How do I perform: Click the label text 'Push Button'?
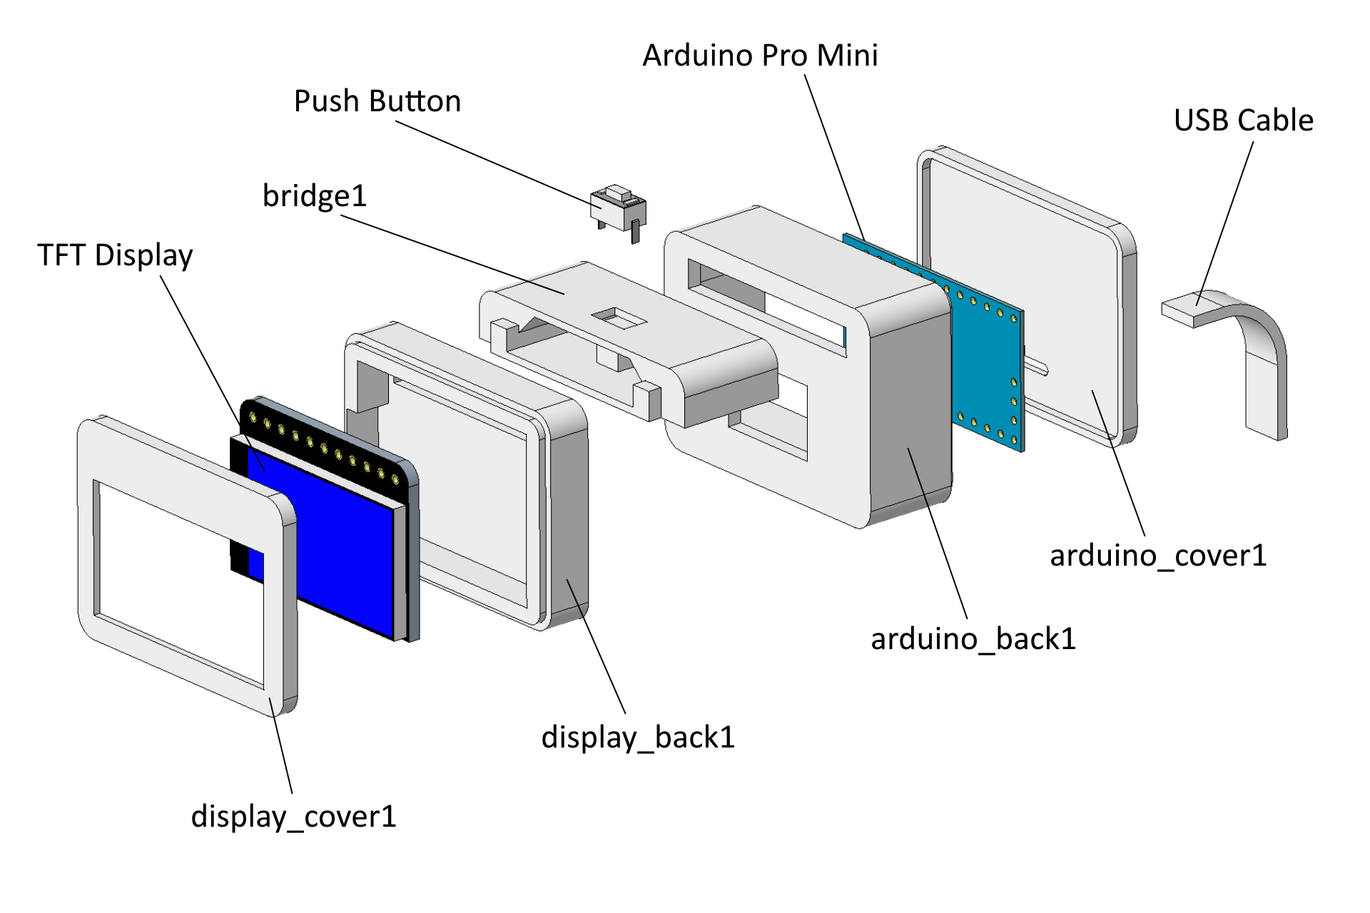click(x=377, y=101)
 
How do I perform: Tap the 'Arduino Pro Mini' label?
click(x=760, y=56)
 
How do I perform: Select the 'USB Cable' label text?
click(x=1243, y=121)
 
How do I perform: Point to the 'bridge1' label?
click(x=314, y=196)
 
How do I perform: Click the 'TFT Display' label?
click(x=115, y=255)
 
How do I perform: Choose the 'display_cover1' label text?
click(x=293, y=817)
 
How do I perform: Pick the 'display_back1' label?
click(x=638, y=738)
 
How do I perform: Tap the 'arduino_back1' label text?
click(x=973, y=639)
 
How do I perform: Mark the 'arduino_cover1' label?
click(x=1158, y=556)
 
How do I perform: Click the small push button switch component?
click(x=618, y=207)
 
